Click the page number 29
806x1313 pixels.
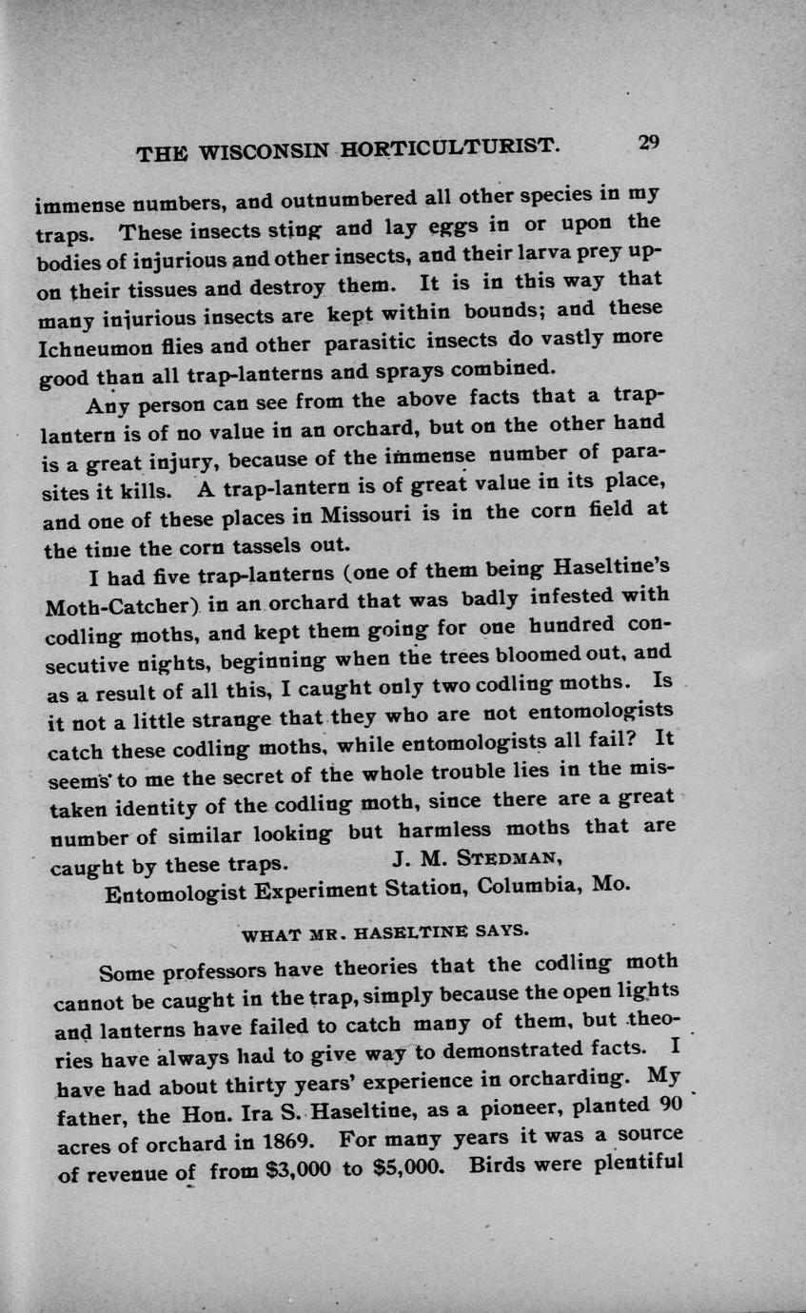[649, 143]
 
